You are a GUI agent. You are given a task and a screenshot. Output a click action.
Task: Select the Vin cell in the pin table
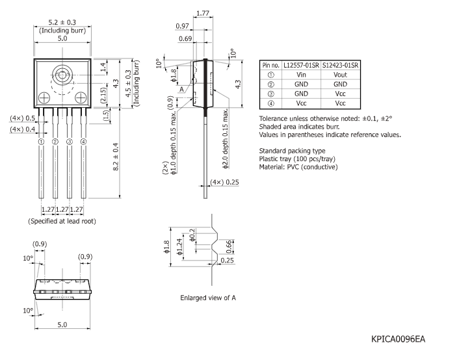click(x=301, y=75)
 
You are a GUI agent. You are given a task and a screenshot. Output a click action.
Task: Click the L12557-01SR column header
click(x=301, y=66)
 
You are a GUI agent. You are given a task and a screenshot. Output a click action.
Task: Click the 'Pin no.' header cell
click(x=270, y=66)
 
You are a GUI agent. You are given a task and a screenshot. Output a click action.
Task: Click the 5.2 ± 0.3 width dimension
click(x=62, y=23)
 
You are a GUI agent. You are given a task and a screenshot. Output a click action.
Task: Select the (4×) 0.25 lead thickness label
click(x=225, y=182)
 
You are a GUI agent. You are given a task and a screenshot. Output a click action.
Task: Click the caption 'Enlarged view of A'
click(x=207, y=298)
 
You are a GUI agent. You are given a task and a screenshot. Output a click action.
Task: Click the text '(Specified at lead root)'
click(x=62, y=221)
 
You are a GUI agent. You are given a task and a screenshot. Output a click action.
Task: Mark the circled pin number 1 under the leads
click(x=41, y=142)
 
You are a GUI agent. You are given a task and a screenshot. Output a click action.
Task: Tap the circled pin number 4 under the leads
click(x=83, y=142)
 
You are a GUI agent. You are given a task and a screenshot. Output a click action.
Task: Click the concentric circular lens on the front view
click(x=62, y=73)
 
